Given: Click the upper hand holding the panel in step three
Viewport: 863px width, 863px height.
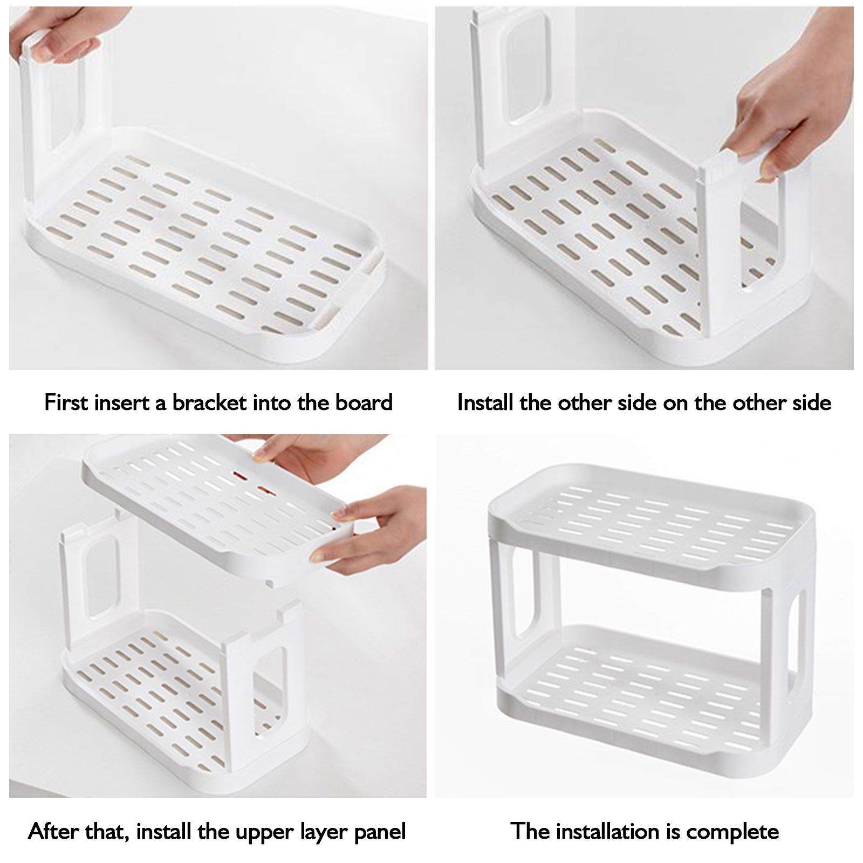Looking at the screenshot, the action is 302,453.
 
